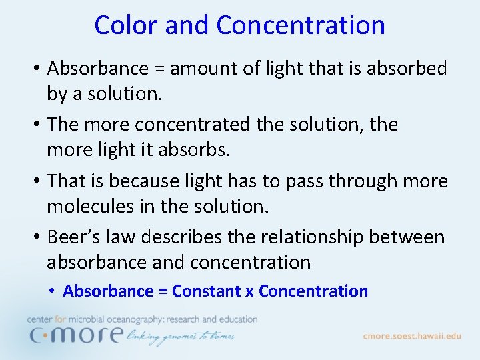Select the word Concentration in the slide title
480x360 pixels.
click(301, 25)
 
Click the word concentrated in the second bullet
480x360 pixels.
click(191, 125)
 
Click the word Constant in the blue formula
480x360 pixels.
click(207, 291)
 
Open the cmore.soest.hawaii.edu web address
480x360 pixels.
click(412, 336)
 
